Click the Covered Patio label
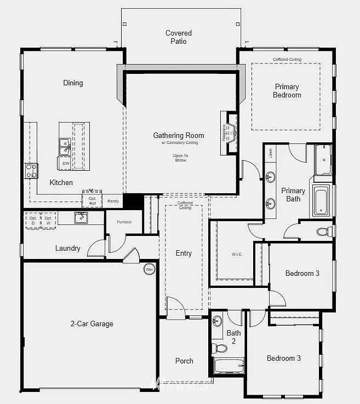coord(179,37)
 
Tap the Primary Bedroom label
coord(287,91)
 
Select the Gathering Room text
coord(179,136)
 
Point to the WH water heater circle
coord(149,269)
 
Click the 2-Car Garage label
coord(92,324)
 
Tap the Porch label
coord(184,361)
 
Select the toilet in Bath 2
coord(220,348)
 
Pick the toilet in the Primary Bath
coord(324,232)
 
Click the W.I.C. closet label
coord(237,254)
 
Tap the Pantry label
coord(113,201)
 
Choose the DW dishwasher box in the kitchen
coord(65,163)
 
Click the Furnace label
coord(124,222)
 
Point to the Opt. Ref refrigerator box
coord(92,201)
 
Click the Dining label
coord(73,83)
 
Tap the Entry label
coord(184,253)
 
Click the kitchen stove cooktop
coord(31,170)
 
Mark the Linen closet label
coord(270,153)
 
